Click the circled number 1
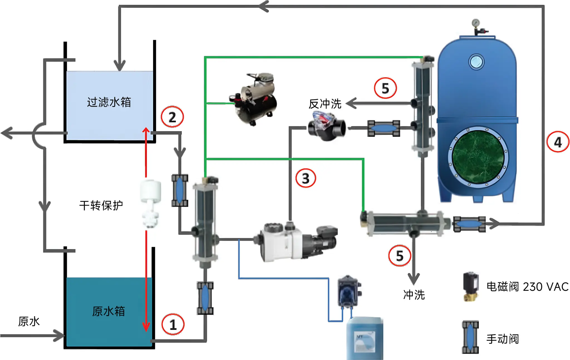[173, 324]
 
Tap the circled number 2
[172, 117]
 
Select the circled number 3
[306, 178]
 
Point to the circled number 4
[557, 142]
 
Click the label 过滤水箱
[109, 102]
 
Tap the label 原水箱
[109, 311]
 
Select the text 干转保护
[101, 206]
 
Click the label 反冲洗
[325, 104]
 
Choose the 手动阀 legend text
[503, 339]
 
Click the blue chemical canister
[365, 339]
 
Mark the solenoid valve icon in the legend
[471, 287]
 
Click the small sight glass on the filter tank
[476, 62]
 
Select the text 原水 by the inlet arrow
[29, 321]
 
